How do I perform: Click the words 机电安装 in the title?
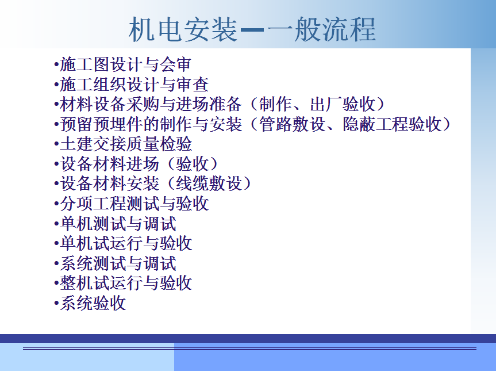(183, 29)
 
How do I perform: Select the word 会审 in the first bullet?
(175, 64)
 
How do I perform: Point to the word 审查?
(193, 84)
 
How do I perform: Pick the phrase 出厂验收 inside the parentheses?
(343, 104)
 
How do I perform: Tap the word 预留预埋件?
(101, 124)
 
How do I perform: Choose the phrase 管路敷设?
(292, 124)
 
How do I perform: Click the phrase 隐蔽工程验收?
(392, 124)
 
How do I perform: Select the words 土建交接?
(93, 144)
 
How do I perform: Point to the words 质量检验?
(159, 144)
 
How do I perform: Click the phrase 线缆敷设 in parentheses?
(209, 183)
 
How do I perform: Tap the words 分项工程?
(93, 204)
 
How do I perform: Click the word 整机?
(76, 283)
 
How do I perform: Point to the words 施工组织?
(93, 84)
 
